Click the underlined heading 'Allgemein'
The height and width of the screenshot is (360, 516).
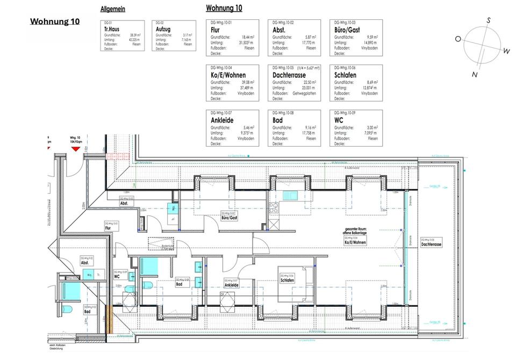tap(112, 9)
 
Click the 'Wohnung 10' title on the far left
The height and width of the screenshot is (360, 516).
tap(54, 21)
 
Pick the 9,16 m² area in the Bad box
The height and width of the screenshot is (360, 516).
tap(308, 127)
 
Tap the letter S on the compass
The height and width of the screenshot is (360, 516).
tap(489, 20)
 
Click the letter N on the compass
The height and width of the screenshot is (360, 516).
tap(475, 75)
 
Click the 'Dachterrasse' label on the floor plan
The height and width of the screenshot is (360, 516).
tap(432, 244)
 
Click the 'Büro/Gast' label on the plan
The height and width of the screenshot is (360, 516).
tap(230, 218)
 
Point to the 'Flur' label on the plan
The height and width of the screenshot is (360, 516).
tap(108, 228)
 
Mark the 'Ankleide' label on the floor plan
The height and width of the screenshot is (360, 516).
tap(232, 285)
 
